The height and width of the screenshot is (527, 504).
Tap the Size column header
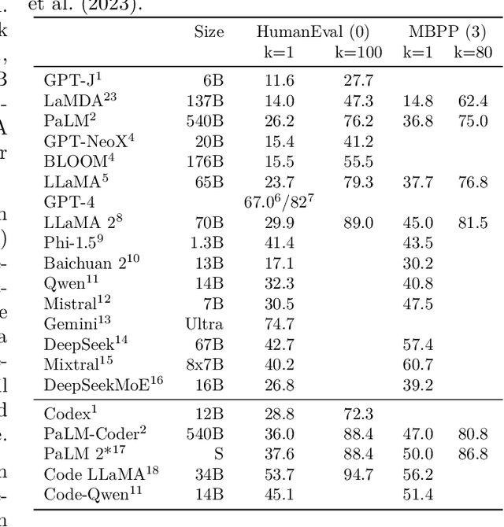pyautogui.click(x=209, y=32)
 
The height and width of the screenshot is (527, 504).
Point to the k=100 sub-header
pyautogui.click(x=358, y=53)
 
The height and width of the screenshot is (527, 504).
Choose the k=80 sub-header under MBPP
pyautogui.click(x=472, y=53)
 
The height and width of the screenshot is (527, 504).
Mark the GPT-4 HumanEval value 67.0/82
pyautogui.click(x=280, y=201)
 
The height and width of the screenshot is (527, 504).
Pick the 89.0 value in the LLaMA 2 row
pyautogui.click(x=358, y=223)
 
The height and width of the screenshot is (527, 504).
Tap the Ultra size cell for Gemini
pyautogui.click(x=205, y=323)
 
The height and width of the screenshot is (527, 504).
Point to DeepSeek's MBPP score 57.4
pyautogui.click(x=418, y=345)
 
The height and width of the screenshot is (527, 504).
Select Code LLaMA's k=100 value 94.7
pyautogui.click(x=358, y=474)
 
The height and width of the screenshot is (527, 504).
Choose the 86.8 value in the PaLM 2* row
pyautogui.click(x=472, y=454)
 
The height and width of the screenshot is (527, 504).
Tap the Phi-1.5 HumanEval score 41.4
pyautogui.click(x=280, y=242)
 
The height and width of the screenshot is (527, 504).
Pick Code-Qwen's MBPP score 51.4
pyautogui.click(x=418, y=495)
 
